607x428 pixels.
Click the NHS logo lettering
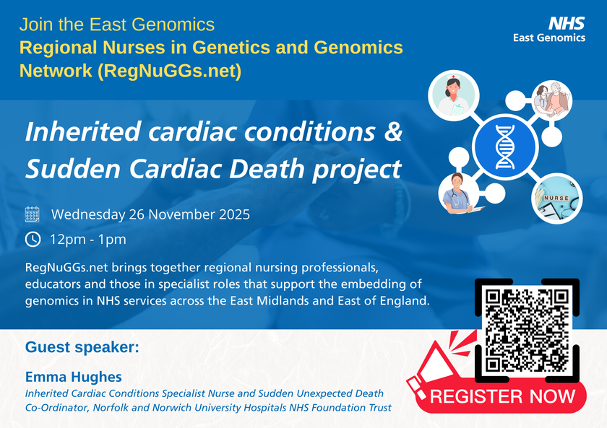[x=567, y=24]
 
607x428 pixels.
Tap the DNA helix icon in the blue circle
[x=505, y=147]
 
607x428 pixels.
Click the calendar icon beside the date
[x=32, y=214]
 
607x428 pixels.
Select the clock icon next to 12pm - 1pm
[x=33, y=240]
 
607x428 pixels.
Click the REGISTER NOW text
[x=502, y=396]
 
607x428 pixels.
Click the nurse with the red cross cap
[x=454, y=95]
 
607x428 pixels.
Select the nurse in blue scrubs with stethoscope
[x=459, y=193]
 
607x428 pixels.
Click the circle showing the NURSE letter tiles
[x=556, y=198]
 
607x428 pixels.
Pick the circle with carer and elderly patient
[x=551, y=100]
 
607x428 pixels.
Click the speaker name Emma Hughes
[x=74, y=377]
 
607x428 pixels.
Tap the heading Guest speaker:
[x=82, y=347]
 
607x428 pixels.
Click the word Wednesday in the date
[x=88, y=214]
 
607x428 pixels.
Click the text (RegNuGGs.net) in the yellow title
[x=170, y=71]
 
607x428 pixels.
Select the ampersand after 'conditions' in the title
[x=393, y=131]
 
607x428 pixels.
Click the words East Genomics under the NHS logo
[x=549, y=38]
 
